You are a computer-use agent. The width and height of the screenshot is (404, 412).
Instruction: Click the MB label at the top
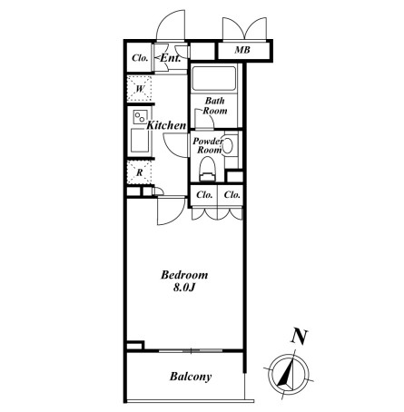(242, 50)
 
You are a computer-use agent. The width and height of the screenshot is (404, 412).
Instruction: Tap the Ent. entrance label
(170, 58)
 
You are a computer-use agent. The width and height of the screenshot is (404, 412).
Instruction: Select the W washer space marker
(139, 89)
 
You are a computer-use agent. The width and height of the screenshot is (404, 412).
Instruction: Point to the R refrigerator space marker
(139, 172)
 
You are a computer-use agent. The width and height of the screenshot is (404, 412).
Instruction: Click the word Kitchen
(166, 125)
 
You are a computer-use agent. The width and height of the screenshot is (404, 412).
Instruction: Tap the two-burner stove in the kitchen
(141, 117)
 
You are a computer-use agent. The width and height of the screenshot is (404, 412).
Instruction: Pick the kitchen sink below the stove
(140, 141)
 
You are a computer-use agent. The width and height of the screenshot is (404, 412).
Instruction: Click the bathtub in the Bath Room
(213, 78)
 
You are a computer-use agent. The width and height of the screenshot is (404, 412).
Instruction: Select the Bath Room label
(215, 105)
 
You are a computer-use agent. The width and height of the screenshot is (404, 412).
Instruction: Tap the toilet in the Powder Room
(207, 170)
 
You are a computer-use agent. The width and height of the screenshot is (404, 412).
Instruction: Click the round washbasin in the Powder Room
(227, 146)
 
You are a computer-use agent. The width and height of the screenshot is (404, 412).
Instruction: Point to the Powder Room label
(208, 145)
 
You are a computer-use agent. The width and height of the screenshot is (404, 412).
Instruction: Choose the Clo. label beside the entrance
(140, 58)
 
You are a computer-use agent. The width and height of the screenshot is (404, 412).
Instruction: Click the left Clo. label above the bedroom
(204, 195)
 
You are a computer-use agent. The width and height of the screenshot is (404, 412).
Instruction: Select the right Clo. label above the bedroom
(232, 195)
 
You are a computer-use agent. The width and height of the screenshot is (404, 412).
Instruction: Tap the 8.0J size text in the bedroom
(184, 288)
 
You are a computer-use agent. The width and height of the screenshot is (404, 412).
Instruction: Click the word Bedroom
(184, 275)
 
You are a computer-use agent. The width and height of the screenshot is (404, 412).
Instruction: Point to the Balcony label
(191, 377)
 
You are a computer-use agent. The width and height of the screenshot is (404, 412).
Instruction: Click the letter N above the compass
(299, 337)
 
